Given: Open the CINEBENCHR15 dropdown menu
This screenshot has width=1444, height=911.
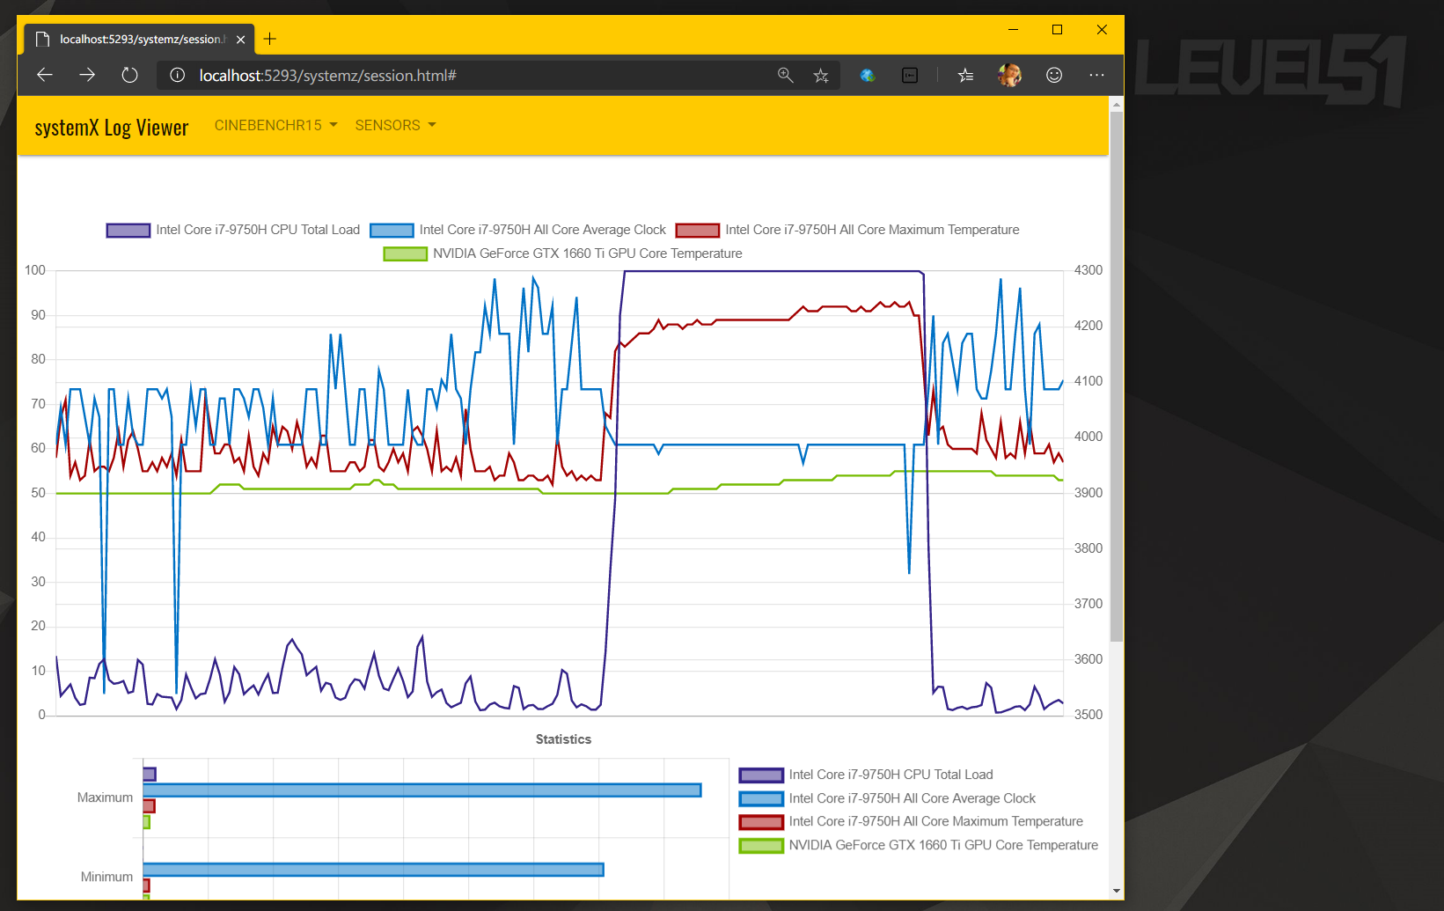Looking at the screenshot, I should click(x=275, y=126).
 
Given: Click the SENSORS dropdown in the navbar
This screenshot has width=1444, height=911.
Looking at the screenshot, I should click(x=395, y=126).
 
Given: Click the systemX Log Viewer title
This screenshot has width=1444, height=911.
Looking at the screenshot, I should click(x=112, y=129).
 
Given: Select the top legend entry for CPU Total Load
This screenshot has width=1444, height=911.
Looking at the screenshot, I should click(x=233, y=230).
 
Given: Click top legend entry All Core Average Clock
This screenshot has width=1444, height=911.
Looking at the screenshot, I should click(x=518, y=230).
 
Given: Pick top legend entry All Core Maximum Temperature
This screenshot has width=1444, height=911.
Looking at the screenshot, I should click(x=847, y=230).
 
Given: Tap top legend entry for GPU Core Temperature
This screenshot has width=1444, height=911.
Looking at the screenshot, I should click(x=563, y=253).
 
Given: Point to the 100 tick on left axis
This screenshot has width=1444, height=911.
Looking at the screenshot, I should click(x=35, y=270).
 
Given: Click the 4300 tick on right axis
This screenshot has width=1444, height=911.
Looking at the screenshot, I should click(x=1088, y=270).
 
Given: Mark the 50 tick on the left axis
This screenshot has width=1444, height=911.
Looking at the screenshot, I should click(x=38, y=493).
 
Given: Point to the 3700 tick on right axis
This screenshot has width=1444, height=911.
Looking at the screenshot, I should click(x=1088, y=604).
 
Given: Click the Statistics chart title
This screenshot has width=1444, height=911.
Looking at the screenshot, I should click(x=563, y=739).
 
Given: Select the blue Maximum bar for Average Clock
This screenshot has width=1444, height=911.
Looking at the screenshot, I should click(x=422, y=790).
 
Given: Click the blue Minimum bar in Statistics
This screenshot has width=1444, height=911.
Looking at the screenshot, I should click(x=373, y=870).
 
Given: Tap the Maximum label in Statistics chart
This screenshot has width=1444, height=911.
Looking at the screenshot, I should click(x=105, y=797).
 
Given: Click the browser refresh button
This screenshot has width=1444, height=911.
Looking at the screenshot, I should click(x=129, y=76).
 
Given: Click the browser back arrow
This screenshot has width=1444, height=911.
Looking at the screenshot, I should click(x=45, y=76).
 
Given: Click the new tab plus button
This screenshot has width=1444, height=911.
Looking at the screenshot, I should click(x=270, y=39).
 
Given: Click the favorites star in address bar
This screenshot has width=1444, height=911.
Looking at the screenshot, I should click(x=821, y=76).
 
